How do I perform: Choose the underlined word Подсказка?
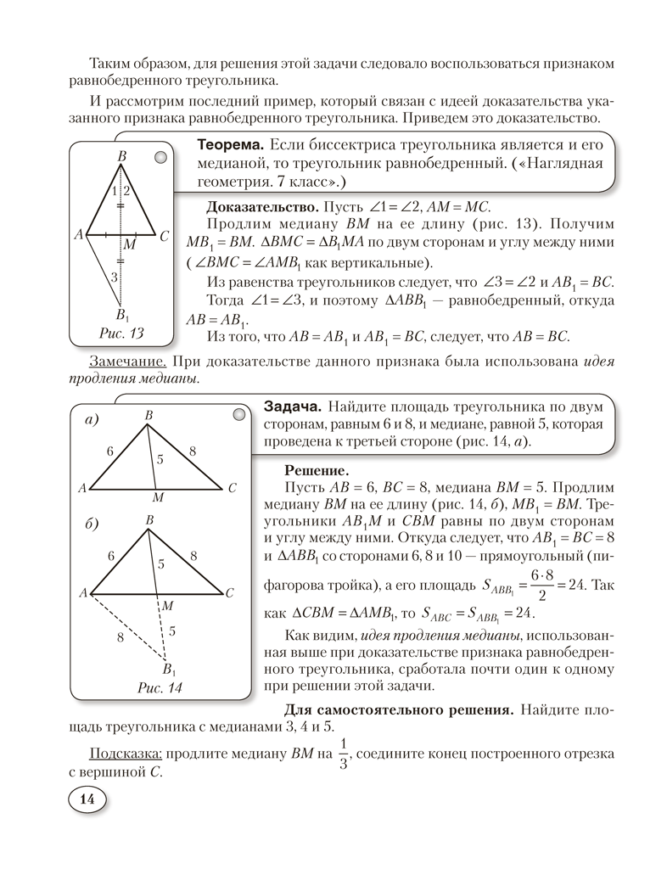tap(126, 754)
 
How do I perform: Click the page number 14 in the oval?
tap(86, 799)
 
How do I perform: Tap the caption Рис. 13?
tap(121, 333)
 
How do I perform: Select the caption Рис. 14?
tap(160, 688)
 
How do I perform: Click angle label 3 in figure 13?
tap(115, 277)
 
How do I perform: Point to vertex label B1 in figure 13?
tap(123, 315)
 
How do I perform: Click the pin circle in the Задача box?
tap(239, 414)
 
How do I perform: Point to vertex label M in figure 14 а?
tap(157, 496)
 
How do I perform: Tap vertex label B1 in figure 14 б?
tap(170, 666)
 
